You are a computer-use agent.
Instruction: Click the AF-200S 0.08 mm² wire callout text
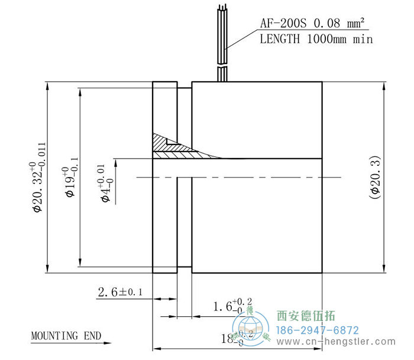(x=313, y=24)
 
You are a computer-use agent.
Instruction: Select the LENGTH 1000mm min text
(x=316, y=39)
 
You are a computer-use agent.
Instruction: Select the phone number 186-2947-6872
(x=318, y=330)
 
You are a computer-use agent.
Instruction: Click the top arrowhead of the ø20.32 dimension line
(x=47, y=85)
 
